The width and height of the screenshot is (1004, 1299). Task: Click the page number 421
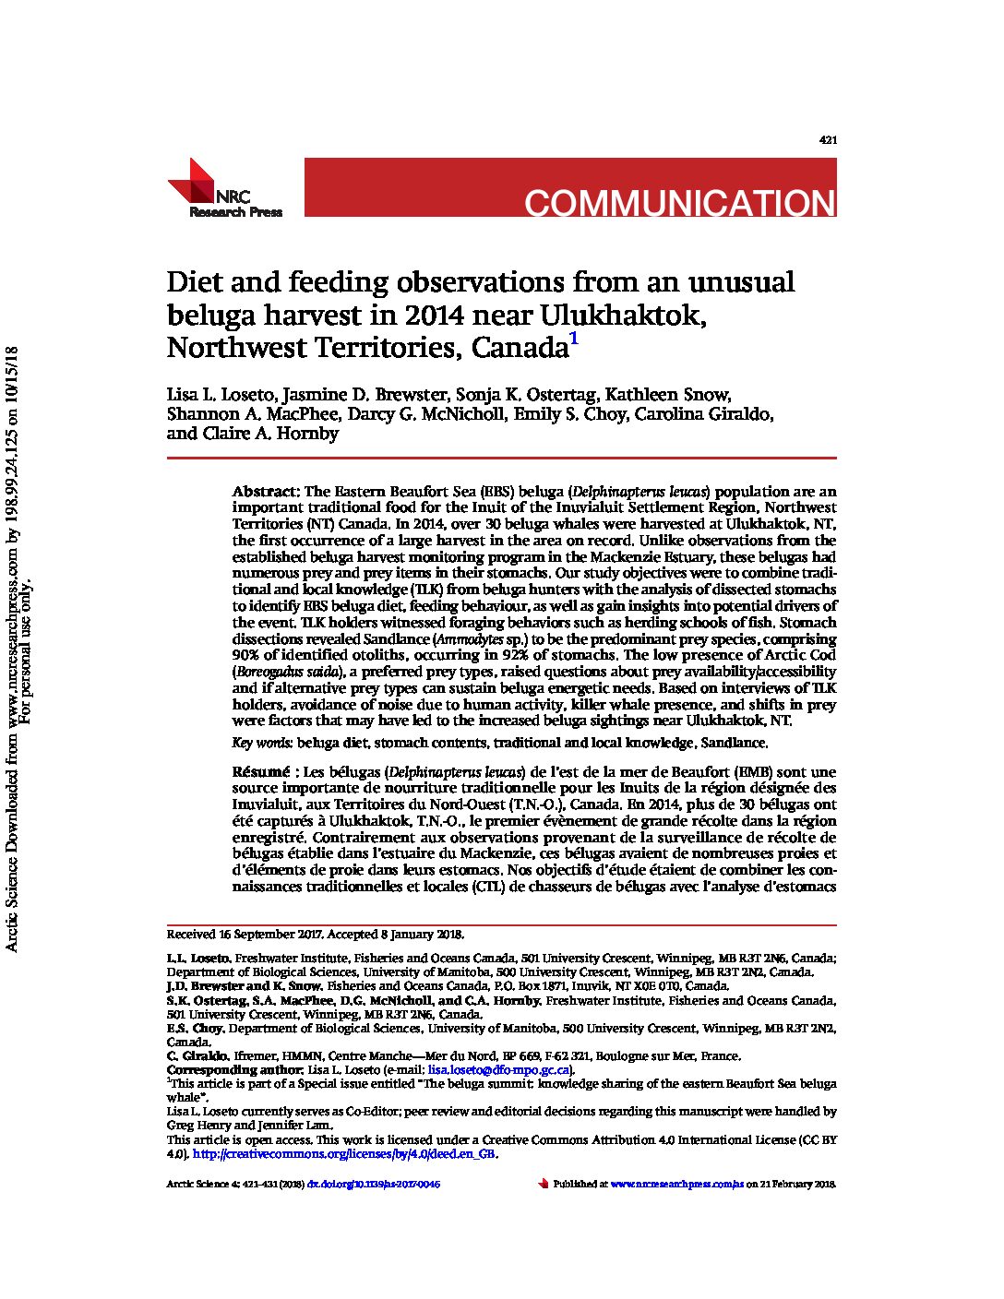click(x=828, y=140)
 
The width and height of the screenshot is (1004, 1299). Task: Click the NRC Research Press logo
click(x=224, y=189)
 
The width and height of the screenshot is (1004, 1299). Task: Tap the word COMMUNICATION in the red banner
click(x=679, y=203)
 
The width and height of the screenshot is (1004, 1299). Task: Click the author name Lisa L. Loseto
click(x=220, y=395)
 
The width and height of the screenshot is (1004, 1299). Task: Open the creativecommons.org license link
click(x=344, y=1154)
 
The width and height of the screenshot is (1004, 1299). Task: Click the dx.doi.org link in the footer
click(x=374, y=1184)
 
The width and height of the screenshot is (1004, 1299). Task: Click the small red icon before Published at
click(x=543, y=1183)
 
